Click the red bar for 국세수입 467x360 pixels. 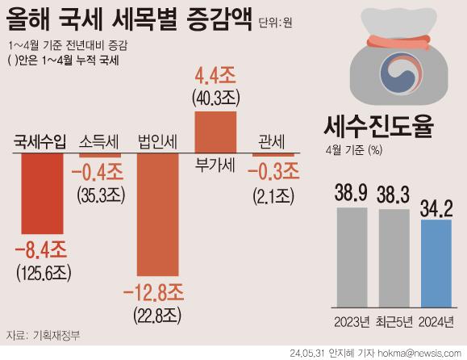click(x=42, y=194)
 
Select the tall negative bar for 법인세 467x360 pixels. click(x=158, y=215)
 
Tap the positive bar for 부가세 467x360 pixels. click(x=215, y=132)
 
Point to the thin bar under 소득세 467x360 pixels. click(x=100, y=155)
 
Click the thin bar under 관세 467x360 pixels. click(x=273, y=155)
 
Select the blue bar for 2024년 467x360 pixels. click(x=436, y=264)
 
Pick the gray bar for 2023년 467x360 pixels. click(x=352, y=257)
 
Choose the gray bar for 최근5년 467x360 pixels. click(x=394, y=258)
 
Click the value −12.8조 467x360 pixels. click(x=153, y=293)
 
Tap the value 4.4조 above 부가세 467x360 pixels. click(x=215, y=76)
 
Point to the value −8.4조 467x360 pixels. click(x=41, y=250)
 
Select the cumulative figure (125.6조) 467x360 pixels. click(x=44, y=273)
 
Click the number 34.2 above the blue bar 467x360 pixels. click(x=436, y=208)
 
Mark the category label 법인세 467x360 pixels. click(x=158, y=142)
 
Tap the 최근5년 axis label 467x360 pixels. click(x=394, y=322)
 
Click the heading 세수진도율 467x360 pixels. click(x=378, y=127)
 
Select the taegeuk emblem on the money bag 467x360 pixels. click(x=401, y=73)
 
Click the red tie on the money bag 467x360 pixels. click(x=398, y=43)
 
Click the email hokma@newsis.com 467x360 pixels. click(x=419, y=354)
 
